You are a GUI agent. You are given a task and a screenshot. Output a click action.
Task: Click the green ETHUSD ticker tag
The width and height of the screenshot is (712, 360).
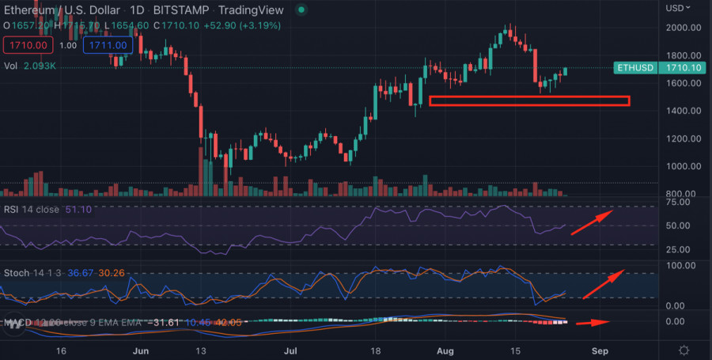point(634,68)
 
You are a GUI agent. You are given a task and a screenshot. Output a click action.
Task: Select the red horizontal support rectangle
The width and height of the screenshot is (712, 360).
point(529,100)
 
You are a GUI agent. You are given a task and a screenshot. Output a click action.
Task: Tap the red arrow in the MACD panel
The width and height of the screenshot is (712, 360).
point(593,323)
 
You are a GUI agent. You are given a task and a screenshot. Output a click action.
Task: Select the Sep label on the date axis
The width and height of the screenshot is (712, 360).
point(600,350)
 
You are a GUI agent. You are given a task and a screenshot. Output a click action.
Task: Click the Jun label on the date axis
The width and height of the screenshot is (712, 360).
point(142,350)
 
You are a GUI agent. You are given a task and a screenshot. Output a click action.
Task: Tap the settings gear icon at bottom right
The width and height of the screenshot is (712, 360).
point(684,350)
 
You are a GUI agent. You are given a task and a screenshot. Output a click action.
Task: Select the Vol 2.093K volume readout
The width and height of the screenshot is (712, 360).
point(31,66)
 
